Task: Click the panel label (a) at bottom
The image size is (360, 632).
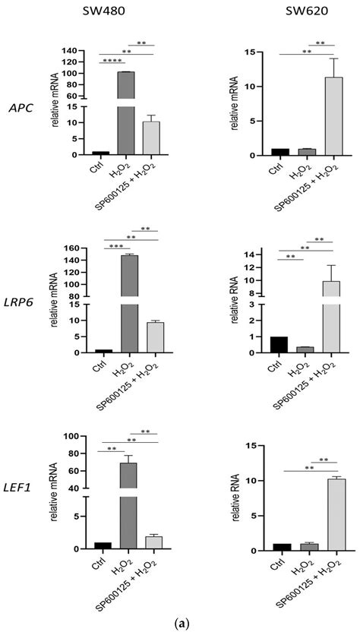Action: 180,622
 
